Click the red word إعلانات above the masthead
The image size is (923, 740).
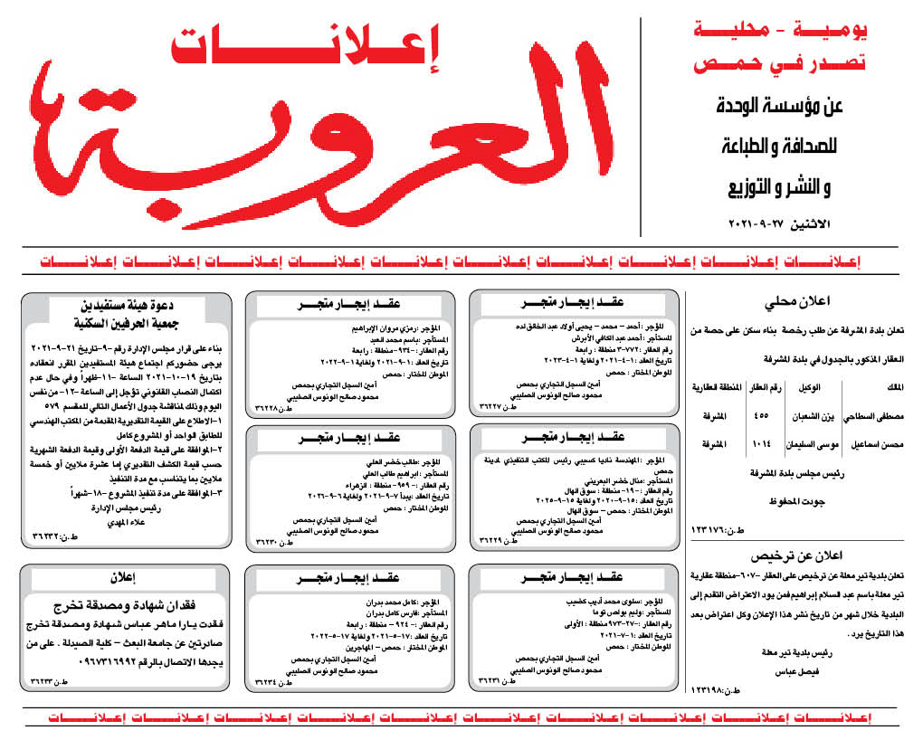tap(304, 47)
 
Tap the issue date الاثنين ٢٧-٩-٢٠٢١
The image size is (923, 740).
tap(784, 223)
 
